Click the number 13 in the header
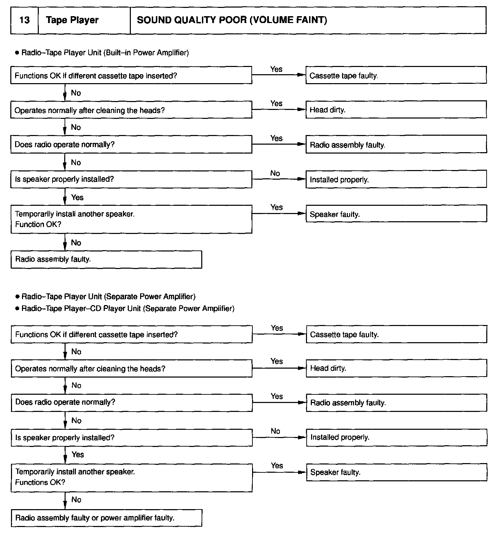click(x=24, y=20)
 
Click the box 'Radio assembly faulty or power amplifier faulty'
click(x=106, y=518)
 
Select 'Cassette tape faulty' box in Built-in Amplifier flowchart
click(x=396, y=75)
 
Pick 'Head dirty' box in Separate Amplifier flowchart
click(x=396, y=368)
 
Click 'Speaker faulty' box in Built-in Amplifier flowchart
click(x=396, y=214)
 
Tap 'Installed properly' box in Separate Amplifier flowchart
click(x=396, y=437)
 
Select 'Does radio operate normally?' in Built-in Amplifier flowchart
click(x=131, y=144)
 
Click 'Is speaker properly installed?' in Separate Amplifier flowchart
click(x=132, y=438)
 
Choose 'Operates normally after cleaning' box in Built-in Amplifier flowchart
click(x=131, y=110)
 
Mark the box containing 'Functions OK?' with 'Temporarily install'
click(x=132, y=477)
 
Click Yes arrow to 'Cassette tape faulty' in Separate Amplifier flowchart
click(x=279, y=334)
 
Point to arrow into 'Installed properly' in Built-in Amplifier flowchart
click(x=279, y=179)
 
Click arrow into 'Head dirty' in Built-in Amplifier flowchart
click(x=279, y=110)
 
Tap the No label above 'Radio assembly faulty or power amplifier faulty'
click(x=76, y=500)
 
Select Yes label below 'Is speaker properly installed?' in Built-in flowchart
click(x=77, y=197)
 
